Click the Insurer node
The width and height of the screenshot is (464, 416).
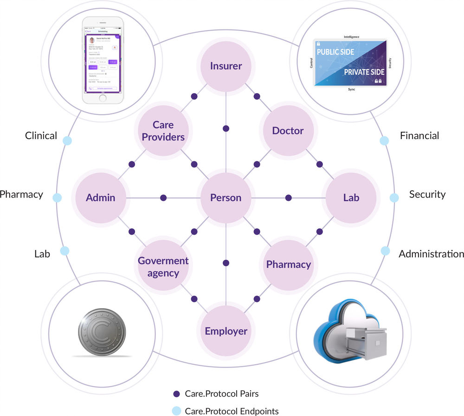pos(226,66)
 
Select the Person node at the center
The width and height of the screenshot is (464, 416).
pos(226,198)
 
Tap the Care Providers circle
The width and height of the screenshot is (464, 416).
pos(163,131)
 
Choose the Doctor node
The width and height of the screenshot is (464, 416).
pos(288,131)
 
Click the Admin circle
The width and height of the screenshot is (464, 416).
pos(101,198)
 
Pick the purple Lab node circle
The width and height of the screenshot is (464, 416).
pos(351,198)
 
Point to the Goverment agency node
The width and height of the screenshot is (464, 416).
pos(163,266)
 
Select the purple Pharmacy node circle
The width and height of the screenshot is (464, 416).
pos(288,264)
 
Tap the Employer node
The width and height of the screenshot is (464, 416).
pos(226,331)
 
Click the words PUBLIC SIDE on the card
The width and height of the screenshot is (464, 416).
pos(335,52)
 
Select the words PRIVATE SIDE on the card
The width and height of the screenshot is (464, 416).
pos(364,72)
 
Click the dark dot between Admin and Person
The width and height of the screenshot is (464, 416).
pos(163,198)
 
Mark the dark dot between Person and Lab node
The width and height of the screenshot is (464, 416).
pos(288,198)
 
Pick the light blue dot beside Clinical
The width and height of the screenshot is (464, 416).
pos(67,140)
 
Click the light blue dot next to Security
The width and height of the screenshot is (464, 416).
pos(394,198)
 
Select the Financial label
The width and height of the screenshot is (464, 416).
pos(419,135)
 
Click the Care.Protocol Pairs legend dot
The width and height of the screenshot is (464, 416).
pos(176,394)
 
